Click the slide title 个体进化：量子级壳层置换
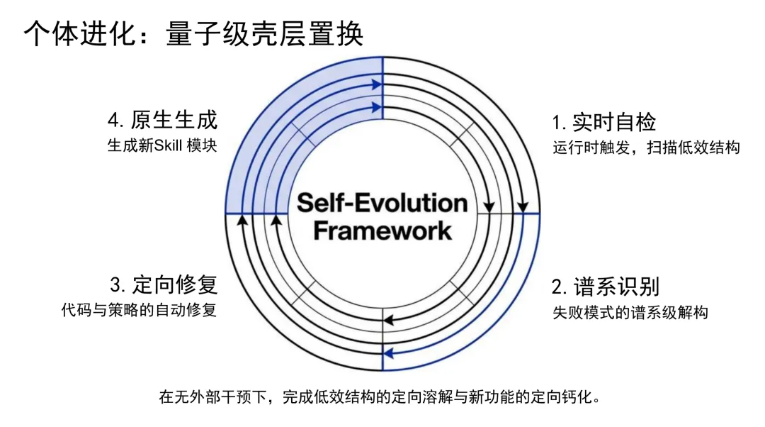pyautogui.click(x=193, y=33)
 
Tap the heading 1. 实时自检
pyautogui.click(x=604, y=122)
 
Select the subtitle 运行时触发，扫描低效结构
pyautogui.click(x=646, y=148)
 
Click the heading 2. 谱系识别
pyautogui.click(x=606, y=287)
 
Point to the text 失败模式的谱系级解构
pyautogui.click(x=630, y=312)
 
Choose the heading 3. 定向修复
pyautogui.click(x=164, y=285)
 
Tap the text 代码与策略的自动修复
pyautogui.click(x=139, y=311)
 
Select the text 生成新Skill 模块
pyautogui.click(x=162, y=145)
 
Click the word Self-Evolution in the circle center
pyautogui.click(x=382, y=203)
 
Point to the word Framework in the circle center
pyautogui.click(x=382, y=231)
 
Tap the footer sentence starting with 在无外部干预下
pyautogui.click(x=382, y=396)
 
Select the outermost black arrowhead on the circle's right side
pyautogui.click(x=522, y=207)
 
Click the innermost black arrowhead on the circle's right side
pyautogui.click(x=488, y=207)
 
